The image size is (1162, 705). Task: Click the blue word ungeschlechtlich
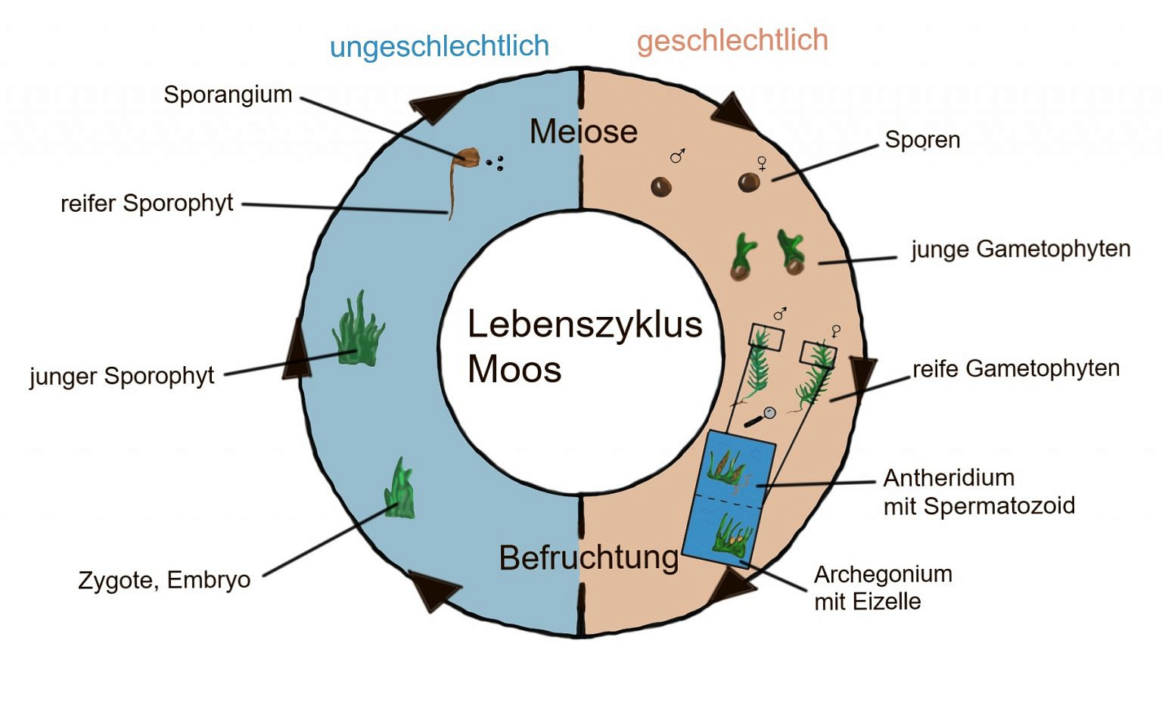point(439,47)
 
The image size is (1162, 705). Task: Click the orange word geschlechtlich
point(732,41)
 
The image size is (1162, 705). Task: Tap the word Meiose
point(583,132)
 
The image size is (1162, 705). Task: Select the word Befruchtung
point(589,558)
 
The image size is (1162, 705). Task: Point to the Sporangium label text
point(228,95)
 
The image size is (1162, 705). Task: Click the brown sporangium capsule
point(467,157)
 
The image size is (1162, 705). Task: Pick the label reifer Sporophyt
point(147,203)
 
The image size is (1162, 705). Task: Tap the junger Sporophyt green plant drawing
point(358,331)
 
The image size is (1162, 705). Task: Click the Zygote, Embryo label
point(164,580)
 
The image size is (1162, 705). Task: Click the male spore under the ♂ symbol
point(661,186)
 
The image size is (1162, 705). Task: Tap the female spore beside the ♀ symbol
point(749,182)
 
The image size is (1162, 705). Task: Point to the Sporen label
point(922,140)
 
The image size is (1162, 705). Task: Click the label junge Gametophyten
point(1020,249)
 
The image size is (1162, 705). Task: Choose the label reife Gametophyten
point(1015,368)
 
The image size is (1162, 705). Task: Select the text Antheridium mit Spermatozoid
point(978,492)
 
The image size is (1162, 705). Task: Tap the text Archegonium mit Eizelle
point(882,588)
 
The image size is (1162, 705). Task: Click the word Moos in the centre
point(514,370)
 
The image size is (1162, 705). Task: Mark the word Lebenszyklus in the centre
point(585,325)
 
